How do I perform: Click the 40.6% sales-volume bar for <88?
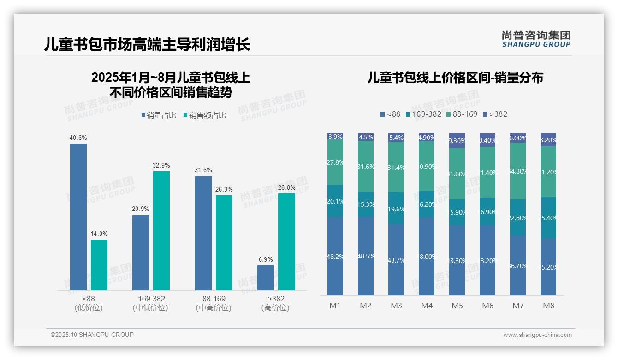click(78, 217)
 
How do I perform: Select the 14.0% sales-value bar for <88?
click(99, 265)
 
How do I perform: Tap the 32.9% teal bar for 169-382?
click(161, 231)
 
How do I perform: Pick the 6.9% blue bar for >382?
click(266, 278)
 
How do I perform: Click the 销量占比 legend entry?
click(159, 115)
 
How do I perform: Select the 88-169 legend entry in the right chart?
click(461, 114)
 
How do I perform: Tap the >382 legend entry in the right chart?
click(495, 114)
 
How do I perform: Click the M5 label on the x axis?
click(457, 306)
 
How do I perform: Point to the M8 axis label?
click(548, 306)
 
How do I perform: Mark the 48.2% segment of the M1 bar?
click(335, 256)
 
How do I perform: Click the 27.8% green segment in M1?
click(335, 162)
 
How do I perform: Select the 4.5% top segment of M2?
click(366, 137)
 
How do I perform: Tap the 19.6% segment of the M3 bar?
click(396, 209)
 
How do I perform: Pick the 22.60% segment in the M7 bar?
click(518, 217)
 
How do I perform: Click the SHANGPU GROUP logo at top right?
click(536, 39)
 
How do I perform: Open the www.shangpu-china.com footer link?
click(537, 335)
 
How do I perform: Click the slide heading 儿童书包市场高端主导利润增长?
click(147, 44)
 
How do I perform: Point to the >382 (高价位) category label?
click(276, 303)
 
